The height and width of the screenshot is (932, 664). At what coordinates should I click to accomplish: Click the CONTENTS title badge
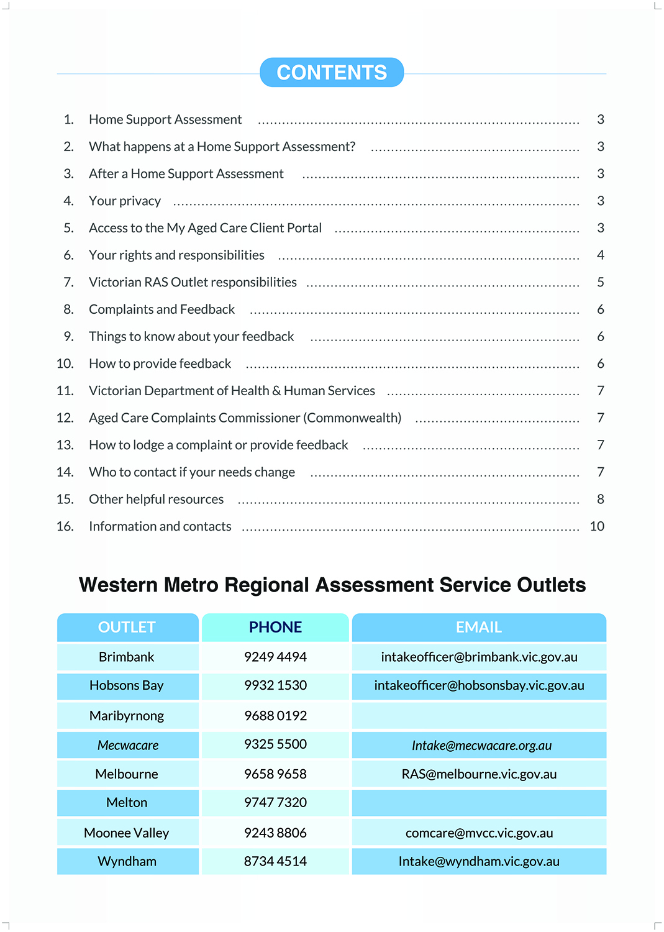click(332, 73)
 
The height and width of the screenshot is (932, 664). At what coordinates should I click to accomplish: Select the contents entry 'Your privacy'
click(125, 201)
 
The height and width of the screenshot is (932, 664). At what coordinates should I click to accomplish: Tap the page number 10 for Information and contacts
click(597, 527)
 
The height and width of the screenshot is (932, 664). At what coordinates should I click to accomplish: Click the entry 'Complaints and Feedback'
click(161, 309)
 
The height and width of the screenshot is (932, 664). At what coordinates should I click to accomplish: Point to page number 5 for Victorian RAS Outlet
click(601, 283)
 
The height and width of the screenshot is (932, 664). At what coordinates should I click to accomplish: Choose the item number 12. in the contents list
click(65, 418)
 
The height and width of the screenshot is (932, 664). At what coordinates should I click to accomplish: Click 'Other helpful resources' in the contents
click(156, 500)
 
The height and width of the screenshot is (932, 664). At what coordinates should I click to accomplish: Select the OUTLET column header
click(127, 628)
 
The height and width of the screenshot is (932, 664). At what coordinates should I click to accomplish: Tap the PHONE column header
click(275, 628)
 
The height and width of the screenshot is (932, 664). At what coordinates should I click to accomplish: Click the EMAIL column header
click(479, 628)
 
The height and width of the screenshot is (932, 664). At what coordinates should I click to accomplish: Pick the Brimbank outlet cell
click(127, 657)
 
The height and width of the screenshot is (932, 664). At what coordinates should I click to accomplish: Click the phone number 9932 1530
click(275, 686)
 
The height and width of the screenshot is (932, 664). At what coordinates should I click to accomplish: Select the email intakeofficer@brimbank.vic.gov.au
click(479, 657)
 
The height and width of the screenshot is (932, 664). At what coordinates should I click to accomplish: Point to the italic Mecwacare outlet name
click(128, 746)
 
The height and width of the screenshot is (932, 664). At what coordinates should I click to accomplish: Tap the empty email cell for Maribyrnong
click(479, 716)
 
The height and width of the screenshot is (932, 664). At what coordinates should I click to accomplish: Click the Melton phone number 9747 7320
click(275, 803)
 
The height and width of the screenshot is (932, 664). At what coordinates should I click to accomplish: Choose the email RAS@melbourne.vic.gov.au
click(479, 775)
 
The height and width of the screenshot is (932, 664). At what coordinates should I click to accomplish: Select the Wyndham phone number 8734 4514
click(275, 862)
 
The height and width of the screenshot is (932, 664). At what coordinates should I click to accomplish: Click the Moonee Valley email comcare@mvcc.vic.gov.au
click(479, 833)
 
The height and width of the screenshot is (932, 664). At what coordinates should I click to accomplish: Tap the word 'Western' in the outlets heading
click(117, 585)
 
